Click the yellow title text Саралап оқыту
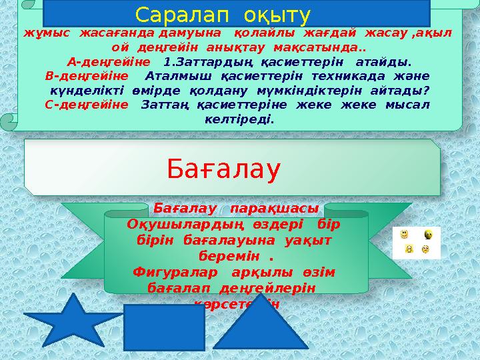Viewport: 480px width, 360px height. (x=223, y=14)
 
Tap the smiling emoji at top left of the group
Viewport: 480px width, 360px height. (x=404, y=234)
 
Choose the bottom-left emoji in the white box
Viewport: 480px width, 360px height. (x=409, y=249)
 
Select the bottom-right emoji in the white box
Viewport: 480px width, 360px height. (x=425, y=250)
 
